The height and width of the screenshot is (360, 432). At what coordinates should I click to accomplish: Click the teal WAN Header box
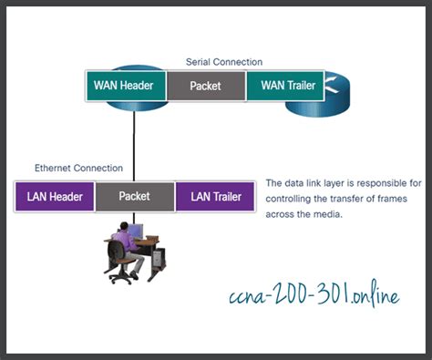pyautogui.click(x=127, y=87)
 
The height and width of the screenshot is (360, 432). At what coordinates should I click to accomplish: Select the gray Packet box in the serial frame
pyautogui.click(x=206, y=87)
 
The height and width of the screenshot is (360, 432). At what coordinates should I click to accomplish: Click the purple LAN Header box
pyautogui.click(x=55, y=196)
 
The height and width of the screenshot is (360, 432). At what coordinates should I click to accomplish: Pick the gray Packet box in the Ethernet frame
pyautogui.click(x=135, y=196)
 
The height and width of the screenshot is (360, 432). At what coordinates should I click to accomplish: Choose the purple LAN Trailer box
pyautogui.click(x=214, y=196)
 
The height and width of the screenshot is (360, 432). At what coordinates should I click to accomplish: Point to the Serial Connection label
pyautogui.click(x=224, y=62)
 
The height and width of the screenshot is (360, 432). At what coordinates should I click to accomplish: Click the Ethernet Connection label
pyautogui.click(x=78, y=169)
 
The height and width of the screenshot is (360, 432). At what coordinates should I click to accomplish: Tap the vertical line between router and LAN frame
pyautogui.click(x=134, y=146)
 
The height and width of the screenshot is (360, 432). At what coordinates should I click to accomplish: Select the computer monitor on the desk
pyautogui.click(x=137, y=234)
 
